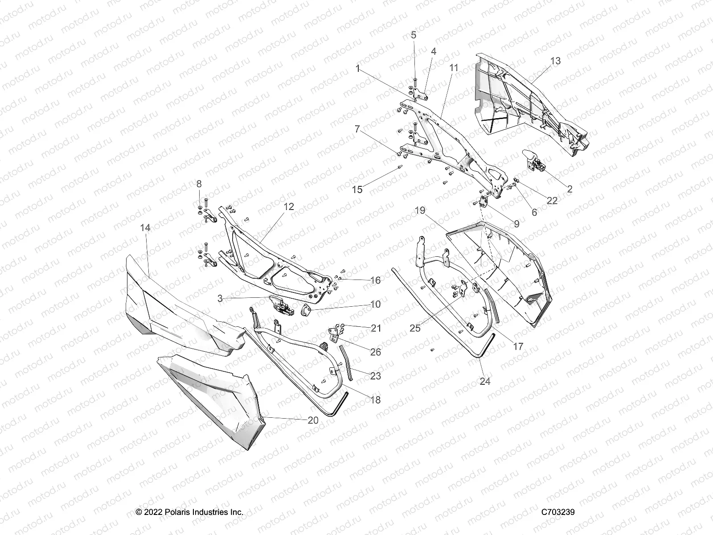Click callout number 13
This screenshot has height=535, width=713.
tap(555, 61)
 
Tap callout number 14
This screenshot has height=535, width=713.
tap(145, 228)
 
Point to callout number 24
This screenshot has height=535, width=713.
tap(485, 381)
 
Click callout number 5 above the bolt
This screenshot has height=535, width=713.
tap(414, 35)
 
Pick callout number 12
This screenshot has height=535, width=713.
tap(289, 206)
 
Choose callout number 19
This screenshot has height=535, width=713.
tap(420, 210)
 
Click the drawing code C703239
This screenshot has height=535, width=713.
tap(558, 512)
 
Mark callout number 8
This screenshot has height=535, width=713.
tap(199, 184)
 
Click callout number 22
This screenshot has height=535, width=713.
tap(552, 201)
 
